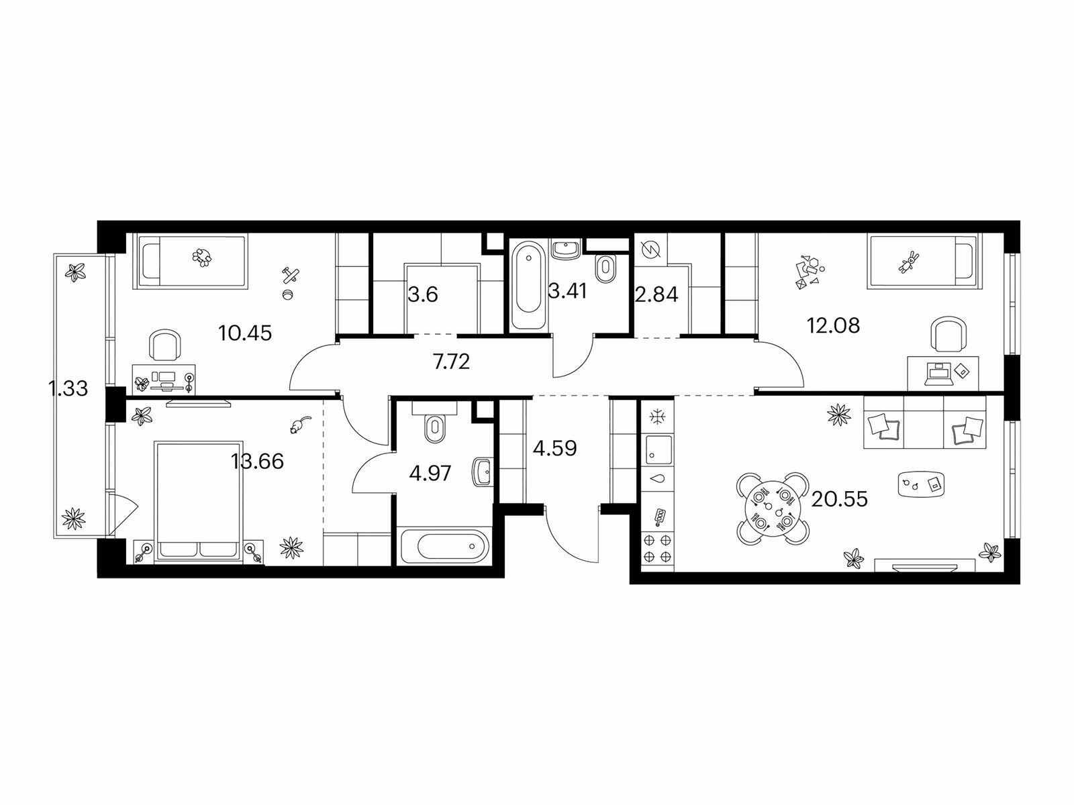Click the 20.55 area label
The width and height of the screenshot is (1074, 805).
pos(839,499)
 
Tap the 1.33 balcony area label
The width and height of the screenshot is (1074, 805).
pos(68,388)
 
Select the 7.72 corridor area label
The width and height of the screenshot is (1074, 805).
pos(451,362)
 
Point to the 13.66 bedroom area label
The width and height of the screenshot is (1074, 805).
pos(257,461)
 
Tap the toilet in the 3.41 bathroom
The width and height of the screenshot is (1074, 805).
pos(606,268)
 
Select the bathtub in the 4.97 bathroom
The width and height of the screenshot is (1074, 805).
pos(445,547)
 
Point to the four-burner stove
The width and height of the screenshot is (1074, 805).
pos(657,548)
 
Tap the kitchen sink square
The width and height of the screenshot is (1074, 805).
pos(657,449)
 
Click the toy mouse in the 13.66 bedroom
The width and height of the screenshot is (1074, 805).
pos(299,425)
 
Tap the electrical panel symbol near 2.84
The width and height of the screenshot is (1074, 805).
pos(651,249)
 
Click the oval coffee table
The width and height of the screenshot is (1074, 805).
pos(922,484)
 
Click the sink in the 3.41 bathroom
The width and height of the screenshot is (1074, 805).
pos(565,248)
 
